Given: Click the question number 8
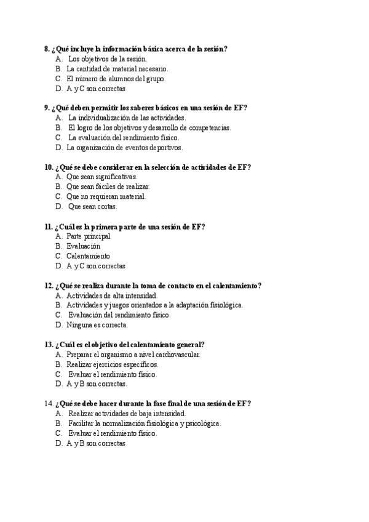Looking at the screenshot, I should click(47, 49).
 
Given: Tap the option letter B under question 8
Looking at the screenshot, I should click(58, 69).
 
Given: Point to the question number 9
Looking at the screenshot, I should click(47, 108).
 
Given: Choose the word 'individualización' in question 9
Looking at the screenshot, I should click(100, 118).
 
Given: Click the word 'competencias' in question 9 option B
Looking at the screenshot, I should click(211, 127).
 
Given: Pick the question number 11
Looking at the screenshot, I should click(48, 227).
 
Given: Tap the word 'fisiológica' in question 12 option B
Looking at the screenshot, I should click(223, 305).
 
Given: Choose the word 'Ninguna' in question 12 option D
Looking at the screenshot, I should click(79, 324).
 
